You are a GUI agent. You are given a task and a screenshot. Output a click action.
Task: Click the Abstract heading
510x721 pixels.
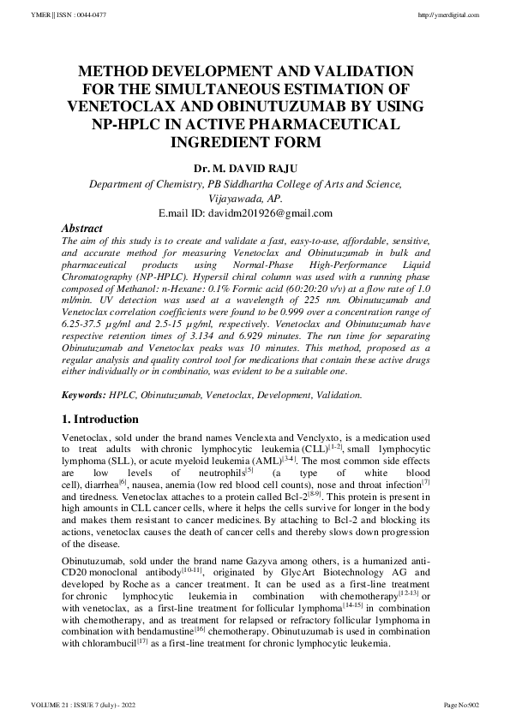[x=82, y=229]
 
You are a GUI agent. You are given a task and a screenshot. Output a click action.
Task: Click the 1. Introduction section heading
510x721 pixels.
[x=100, y=420]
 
